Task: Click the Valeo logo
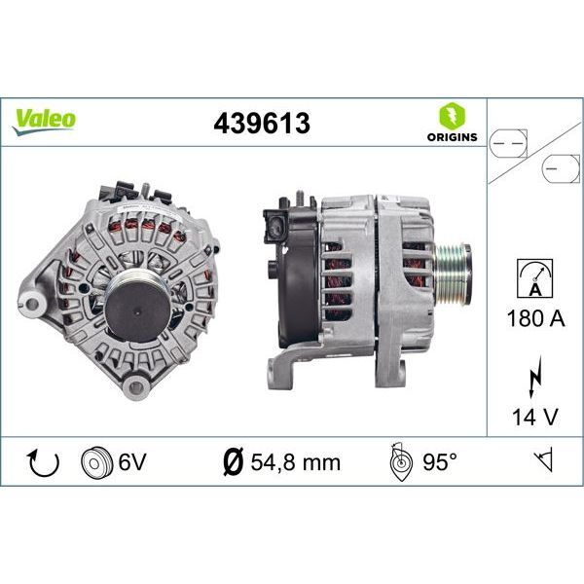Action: [44, 120]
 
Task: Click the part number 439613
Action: [262, 123]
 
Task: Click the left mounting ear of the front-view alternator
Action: [35, 299]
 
